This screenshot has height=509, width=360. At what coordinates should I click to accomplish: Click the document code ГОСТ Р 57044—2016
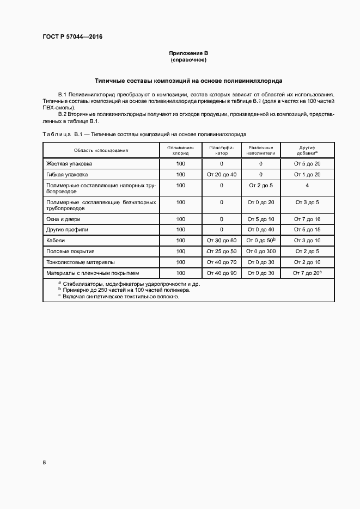[x=72, y=37]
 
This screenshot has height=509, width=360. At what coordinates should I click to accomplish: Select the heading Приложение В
[x=188, y=53]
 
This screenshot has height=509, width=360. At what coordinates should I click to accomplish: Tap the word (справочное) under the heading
[x=188, y=59]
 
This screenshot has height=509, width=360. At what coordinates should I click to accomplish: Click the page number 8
[x=44, y=462]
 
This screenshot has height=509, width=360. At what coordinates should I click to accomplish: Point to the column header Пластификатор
[x=221, y=150]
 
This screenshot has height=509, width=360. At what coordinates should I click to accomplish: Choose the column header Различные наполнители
[x=261, y=150]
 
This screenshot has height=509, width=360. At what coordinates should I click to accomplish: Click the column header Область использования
[x=101, y=150]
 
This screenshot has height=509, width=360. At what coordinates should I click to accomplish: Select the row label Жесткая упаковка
[x=70, y=163]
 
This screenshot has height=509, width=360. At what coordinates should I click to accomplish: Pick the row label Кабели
[x=57, y=240]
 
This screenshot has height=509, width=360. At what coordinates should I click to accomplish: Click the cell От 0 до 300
[x=261, y=252]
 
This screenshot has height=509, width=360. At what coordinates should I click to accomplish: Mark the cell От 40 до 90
[x=221, y=273]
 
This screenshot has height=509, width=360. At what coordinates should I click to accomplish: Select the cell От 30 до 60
[x=221, y=240]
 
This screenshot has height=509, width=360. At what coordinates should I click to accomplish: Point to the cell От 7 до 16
[x=307, y=219]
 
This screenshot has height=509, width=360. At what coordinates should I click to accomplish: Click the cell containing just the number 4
[x=307, y=186]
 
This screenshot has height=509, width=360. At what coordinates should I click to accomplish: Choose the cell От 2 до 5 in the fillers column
[x=261, y=186]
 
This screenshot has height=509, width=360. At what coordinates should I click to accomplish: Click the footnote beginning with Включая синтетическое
[x=120, y=297]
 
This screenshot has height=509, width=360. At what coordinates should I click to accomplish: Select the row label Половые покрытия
[x=71, y=252]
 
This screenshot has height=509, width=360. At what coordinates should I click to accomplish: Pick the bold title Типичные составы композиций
[x=188, y=81]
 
